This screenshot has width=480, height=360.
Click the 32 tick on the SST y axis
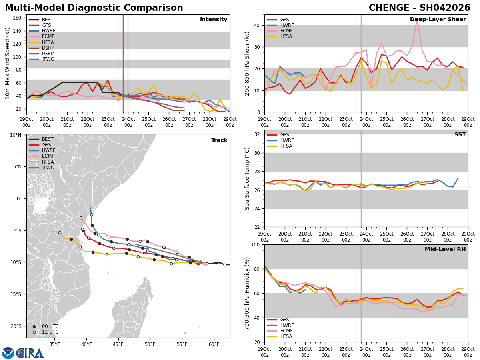pos(258,134)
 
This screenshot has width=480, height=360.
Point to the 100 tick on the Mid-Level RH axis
pos(256,245)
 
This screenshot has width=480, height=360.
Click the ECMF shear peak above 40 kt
pos(417,20)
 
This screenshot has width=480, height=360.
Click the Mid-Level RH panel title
pos(445,250)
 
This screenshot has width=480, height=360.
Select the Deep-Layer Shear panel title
pos(438,20)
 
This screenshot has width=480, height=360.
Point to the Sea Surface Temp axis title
pos(248,178)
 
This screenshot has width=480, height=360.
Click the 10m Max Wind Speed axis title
pos(8,63)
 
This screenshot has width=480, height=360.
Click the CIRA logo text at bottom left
pos(30,353)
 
